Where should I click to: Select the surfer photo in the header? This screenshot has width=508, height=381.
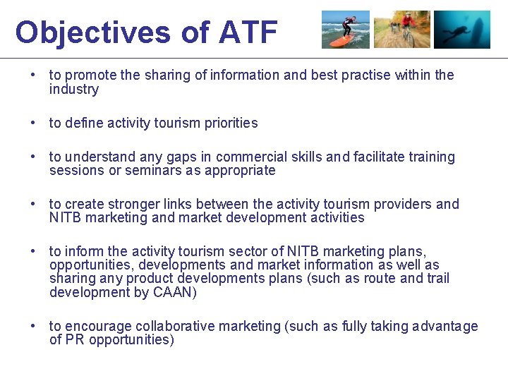click(346, 30)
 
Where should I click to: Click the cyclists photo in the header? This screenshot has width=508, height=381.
click(401, 30)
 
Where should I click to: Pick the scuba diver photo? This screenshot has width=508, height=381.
click(461, 30)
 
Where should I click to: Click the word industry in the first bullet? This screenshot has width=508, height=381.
click(73, 90)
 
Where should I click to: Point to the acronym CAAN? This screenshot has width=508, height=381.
click(174, 293)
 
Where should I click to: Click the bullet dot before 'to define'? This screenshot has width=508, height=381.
click(33, 123)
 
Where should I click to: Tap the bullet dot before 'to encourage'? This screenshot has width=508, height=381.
click(33, 327)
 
